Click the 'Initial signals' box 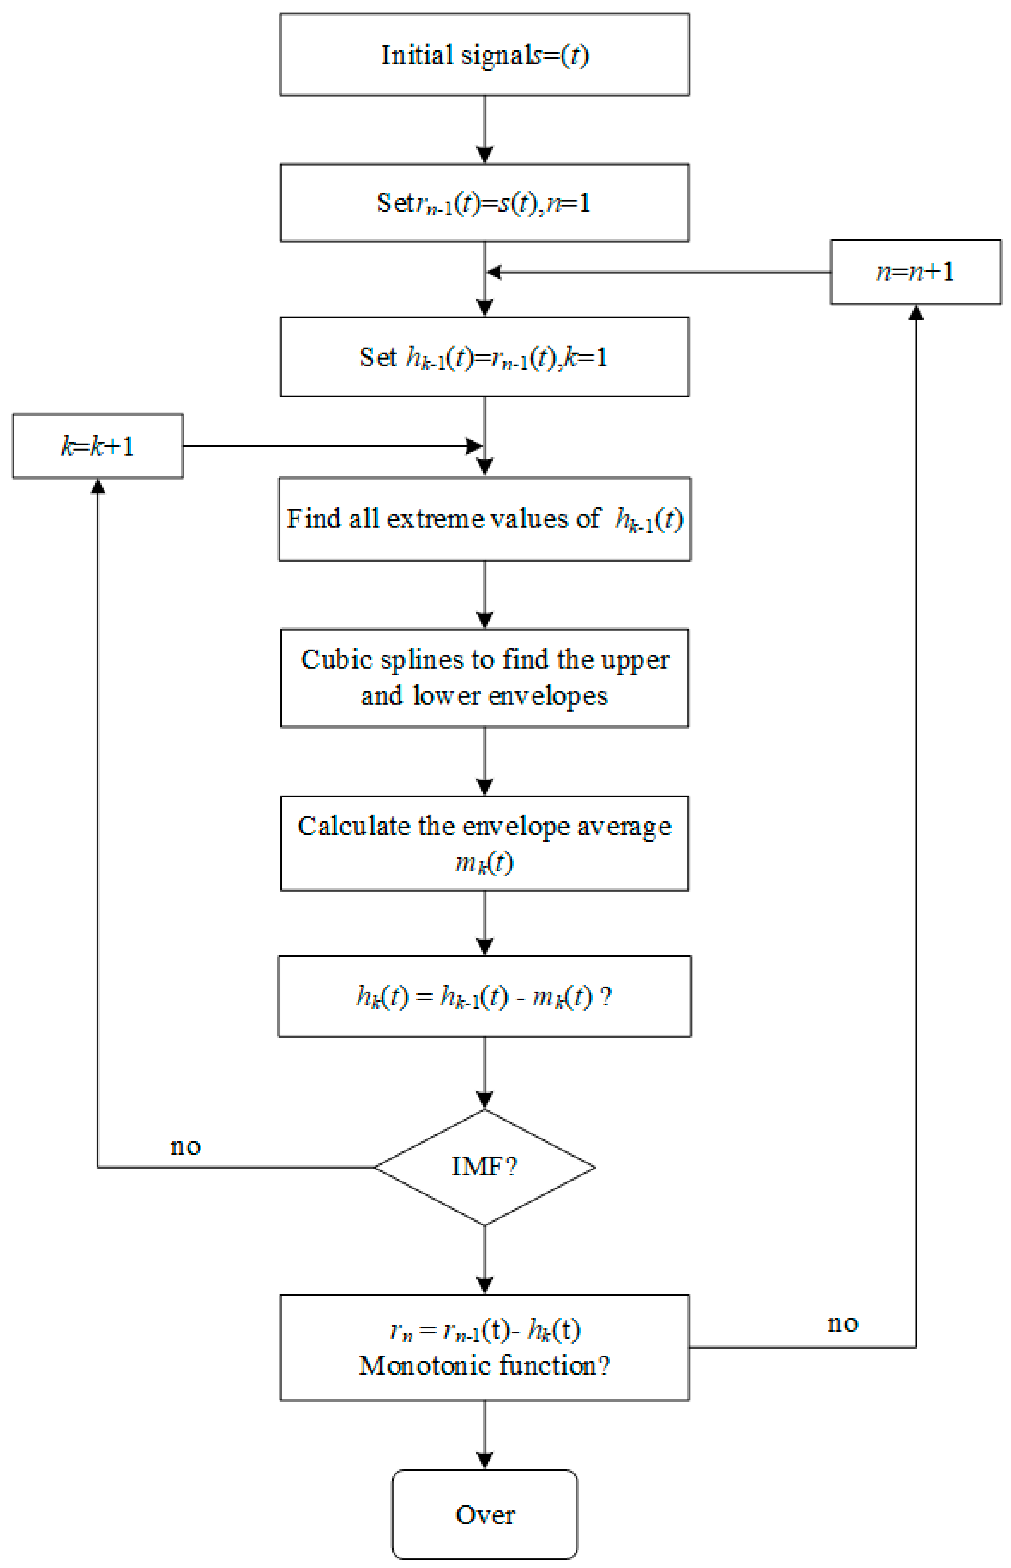(x=485, y=55)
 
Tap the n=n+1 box (x=916, y=272)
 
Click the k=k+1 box (x=98, y=446)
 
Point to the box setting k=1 (x=485, y=357)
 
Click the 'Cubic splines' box (x=485, y=678)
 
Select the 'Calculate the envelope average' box (x=485, y=843)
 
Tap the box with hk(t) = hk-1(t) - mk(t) (x=485, y=997)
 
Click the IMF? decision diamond (x=485, y=1167)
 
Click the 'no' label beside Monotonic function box (x=843, y=1323)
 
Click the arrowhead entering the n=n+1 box (x=916, y=312)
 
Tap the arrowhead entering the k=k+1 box (x=98, y=486)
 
